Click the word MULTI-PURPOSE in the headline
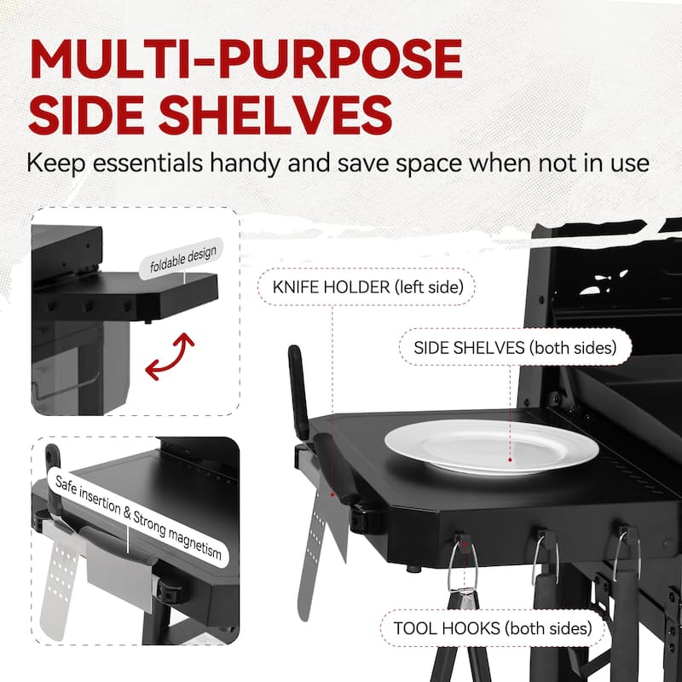[x=246, y=59]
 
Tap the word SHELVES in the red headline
[x=275, y=114]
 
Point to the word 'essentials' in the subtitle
[x=147, y=163]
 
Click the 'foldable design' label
[x=182, y=258]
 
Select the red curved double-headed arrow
[x=170, y=356]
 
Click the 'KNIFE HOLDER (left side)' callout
[x=367, y=287]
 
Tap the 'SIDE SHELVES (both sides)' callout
[x=515, y=348]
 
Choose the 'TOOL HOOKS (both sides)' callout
[x=493, y=628]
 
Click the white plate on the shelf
[x=492, y=447]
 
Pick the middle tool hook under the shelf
[x=545, y=556]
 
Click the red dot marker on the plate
[x=510, y=459]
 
